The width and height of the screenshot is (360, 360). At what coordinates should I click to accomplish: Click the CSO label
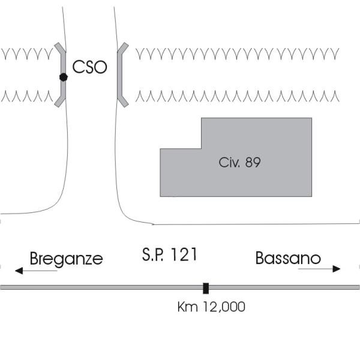coord(89,67)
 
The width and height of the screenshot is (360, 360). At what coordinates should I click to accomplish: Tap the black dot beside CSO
coord(63,77)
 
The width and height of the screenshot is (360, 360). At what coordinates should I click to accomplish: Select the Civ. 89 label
coord(239,162)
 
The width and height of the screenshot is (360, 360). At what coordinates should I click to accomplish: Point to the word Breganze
coord(66,259)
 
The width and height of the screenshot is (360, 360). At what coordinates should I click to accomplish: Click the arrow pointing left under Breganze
coord(36,271)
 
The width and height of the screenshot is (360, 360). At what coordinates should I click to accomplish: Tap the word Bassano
coord(287,259)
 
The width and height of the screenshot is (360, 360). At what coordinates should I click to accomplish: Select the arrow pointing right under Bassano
coord(319,269)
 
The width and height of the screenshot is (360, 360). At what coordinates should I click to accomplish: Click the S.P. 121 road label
coord(170,254)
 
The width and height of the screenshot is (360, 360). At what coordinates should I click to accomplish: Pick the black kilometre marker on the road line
coord(206,288)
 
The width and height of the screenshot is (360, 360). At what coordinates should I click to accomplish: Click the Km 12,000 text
coord(211,307)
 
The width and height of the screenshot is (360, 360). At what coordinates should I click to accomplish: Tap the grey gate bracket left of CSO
coord(61,75)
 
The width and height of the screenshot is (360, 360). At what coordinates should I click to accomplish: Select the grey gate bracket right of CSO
coord(121,75)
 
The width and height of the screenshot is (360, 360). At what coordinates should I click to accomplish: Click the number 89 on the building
coord(253,162)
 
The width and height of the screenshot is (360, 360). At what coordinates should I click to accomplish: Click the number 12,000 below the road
coord(221,307)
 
